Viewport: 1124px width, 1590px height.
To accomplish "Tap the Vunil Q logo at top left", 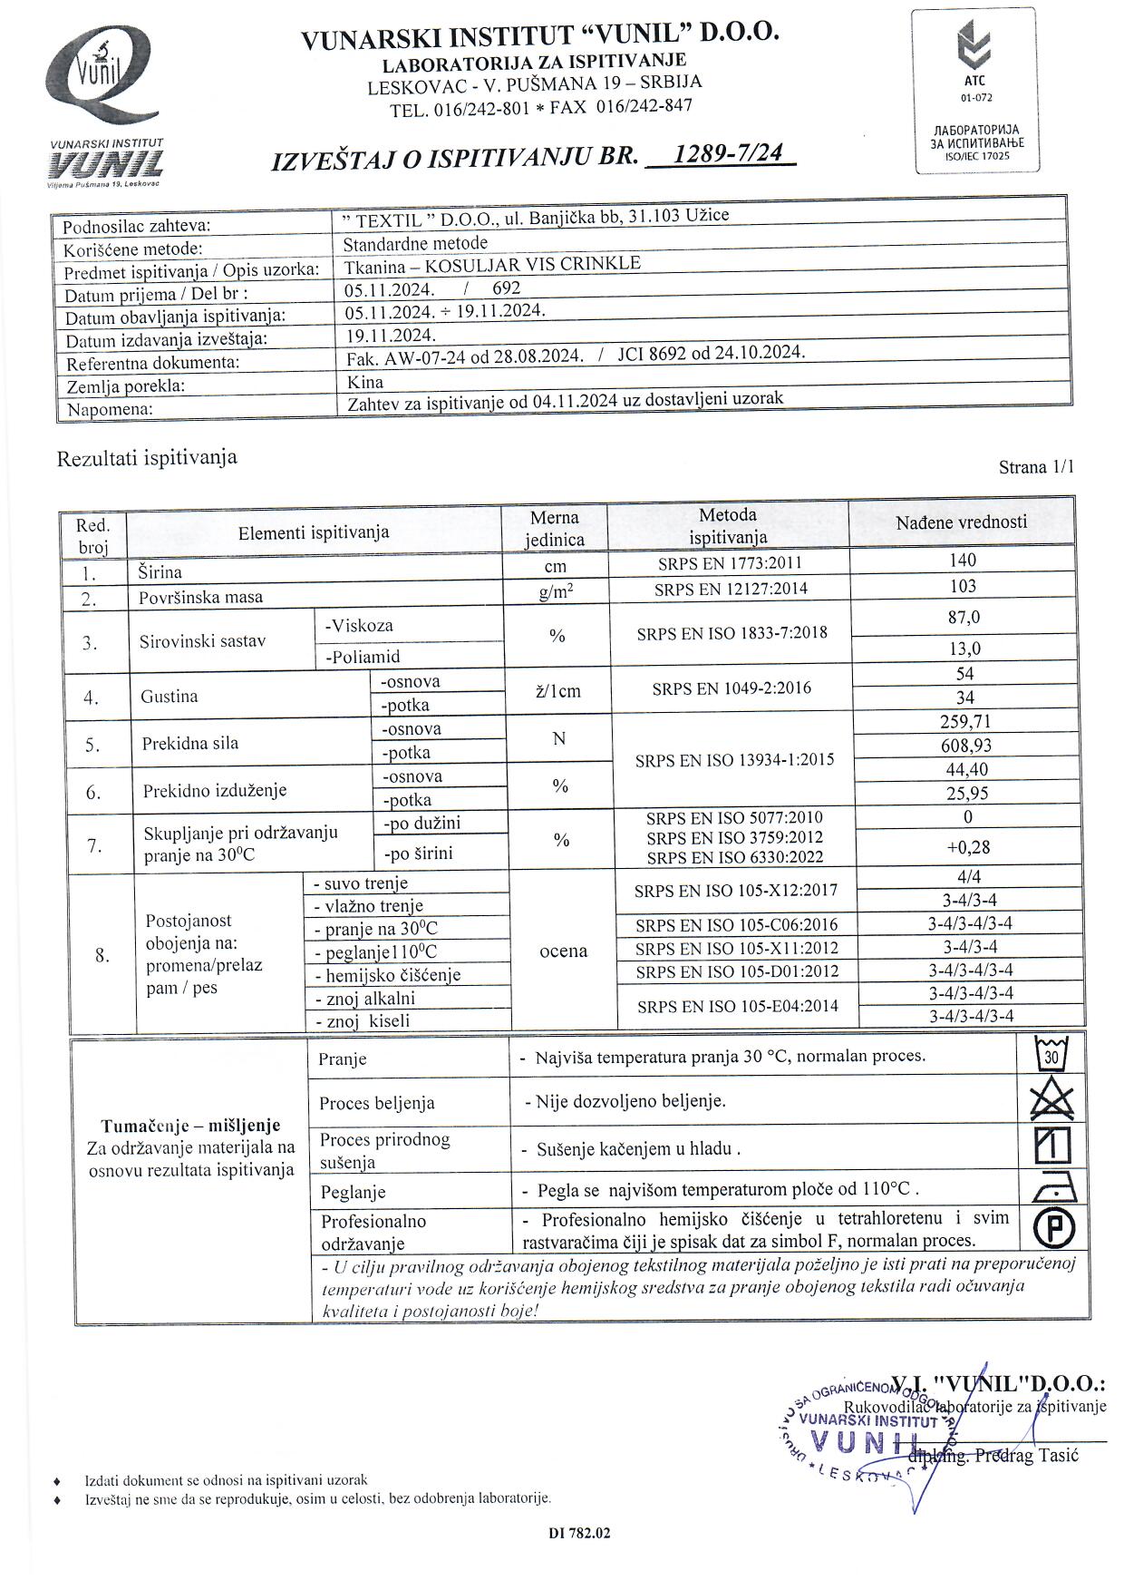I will (102, 82).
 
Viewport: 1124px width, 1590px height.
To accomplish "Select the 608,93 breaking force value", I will (965, 746).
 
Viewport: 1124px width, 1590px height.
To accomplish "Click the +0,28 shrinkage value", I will (967, 847).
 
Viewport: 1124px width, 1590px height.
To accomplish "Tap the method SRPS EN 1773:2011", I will (730, 563).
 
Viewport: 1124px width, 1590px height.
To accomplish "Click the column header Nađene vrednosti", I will (961, 522).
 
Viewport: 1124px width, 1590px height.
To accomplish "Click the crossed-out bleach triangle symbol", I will (1051, 1100).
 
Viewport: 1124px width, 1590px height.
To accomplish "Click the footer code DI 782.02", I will (579, 1533).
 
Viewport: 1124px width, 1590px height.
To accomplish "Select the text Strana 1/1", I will (1035, 467).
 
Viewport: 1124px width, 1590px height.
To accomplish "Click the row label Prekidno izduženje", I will (214, 790).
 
